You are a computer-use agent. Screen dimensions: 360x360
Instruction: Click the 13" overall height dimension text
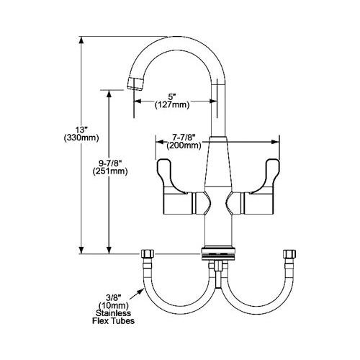[x=81, y=130]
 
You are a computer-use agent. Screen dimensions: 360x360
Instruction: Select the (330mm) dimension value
[x=81, y=138]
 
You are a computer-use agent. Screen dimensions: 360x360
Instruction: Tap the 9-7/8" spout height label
[x=109, y=163]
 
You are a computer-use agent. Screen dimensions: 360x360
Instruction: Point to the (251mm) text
[x=109, y=171]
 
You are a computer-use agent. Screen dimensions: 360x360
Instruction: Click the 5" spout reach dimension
[x=172, y=97]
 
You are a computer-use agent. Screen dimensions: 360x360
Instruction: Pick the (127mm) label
[x=172, y=105]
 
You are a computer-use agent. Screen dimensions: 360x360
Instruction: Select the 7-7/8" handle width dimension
[x=184, y=138]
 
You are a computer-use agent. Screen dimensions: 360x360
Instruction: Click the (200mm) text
[x=184, y=145]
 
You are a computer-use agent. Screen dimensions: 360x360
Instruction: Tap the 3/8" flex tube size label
[x=113, y=298]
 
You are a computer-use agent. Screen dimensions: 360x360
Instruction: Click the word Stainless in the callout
[x=113, y=313]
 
